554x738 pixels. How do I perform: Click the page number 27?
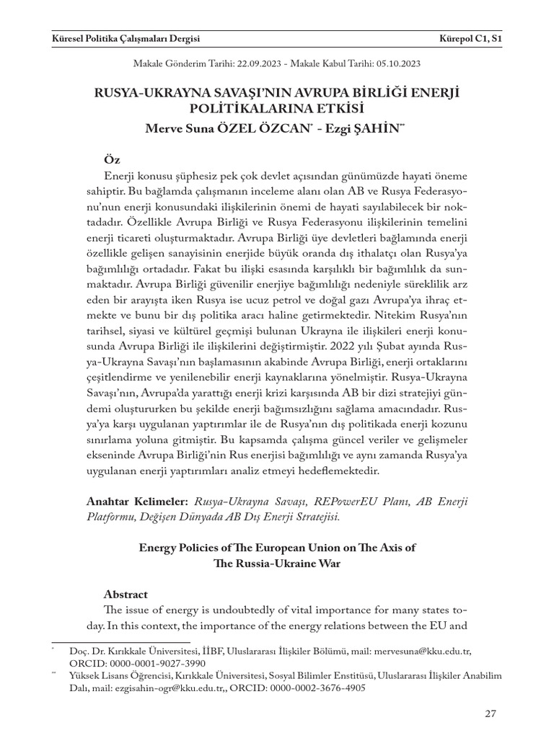tap(491, 713)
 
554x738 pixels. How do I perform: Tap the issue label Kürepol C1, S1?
tap(470, 37)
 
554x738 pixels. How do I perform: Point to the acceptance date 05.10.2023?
tap(395, 63)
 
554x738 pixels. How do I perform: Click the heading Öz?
tap(112, 159)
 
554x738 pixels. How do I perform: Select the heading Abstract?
tap(126, 595)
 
